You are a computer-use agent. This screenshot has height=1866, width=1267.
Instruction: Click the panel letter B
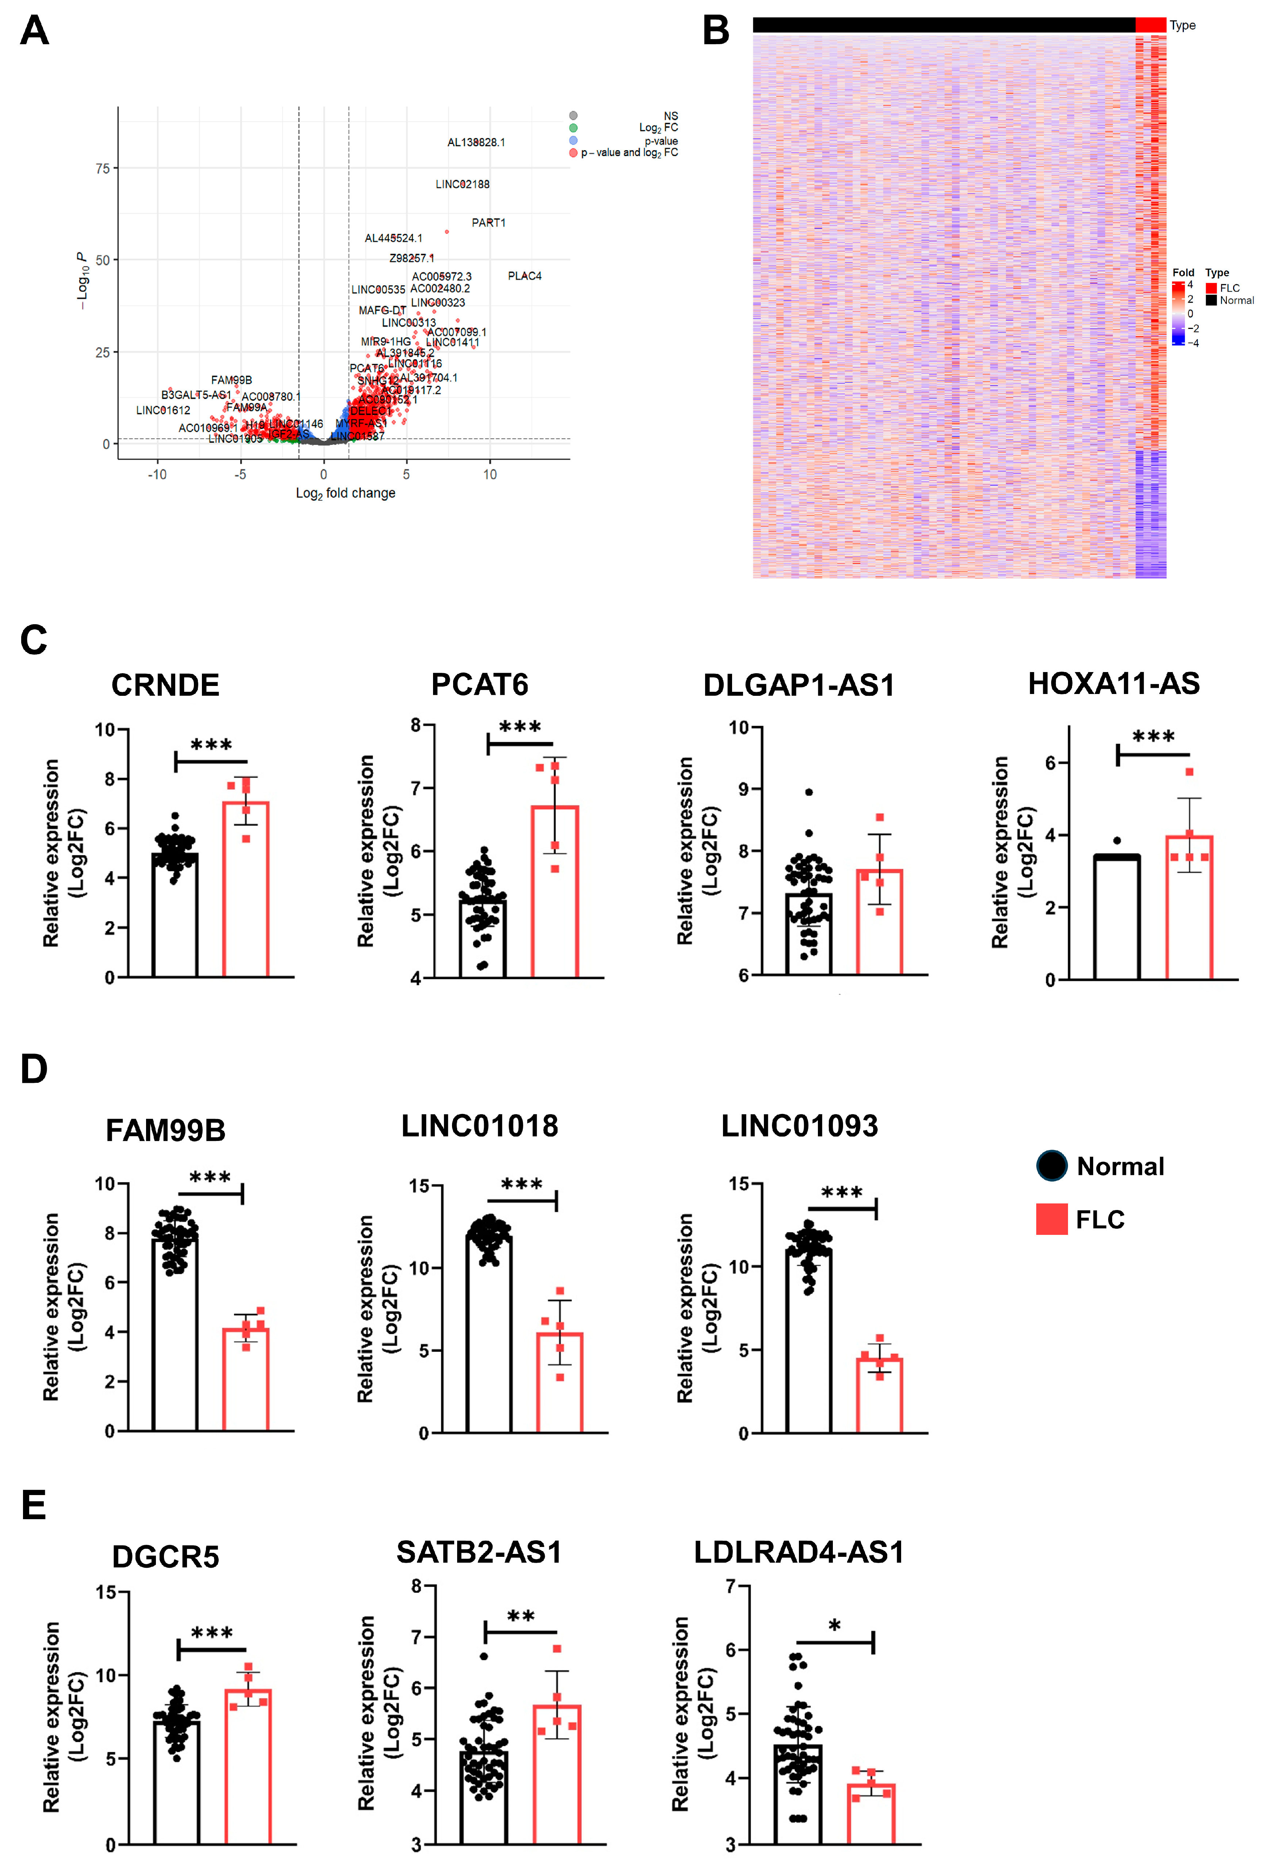(716, 30)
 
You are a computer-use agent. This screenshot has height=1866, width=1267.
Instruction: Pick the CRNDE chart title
(165, 685)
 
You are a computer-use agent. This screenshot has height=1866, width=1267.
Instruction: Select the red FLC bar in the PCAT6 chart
(555, 891)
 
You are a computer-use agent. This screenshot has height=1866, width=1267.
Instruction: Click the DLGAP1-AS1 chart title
(799, 685)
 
